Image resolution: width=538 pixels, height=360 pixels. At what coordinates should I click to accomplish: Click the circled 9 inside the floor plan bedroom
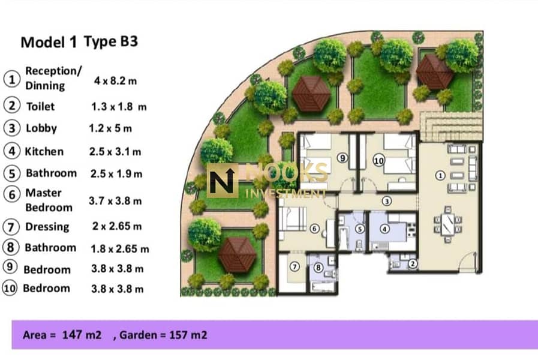[x=342, y=158]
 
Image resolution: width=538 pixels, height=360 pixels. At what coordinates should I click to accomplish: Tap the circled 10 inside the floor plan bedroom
[x=378, y=161]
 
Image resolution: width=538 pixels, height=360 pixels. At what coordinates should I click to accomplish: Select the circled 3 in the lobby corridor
[x=387, y=201]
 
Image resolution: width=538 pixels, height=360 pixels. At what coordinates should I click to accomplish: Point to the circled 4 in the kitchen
[x=384, y=229]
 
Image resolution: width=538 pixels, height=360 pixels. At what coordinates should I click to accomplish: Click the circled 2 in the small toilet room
[x=412, y=263]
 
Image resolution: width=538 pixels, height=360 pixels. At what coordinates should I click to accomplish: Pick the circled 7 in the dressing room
[x=294, y=266]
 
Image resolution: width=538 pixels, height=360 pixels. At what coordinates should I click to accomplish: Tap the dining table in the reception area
[x=447, y=224]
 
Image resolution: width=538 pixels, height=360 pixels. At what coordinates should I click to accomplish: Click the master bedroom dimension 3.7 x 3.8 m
[x=115, y=201]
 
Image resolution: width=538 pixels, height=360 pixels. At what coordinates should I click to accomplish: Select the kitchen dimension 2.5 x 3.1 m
[x=115, y=151]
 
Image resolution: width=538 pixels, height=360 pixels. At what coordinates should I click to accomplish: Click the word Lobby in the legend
[x=41, y=128]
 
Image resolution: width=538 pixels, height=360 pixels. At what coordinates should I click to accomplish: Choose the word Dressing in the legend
[x=47, y=227]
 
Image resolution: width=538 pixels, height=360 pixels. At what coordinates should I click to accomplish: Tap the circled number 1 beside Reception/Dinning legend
[x=11, y=80]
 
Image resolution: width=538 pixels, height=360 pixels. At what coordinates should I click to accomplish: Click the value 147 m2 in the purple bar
[x=82, y=335]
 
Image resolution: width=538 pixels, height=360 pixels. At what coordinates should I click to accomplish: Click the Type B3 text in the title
[x=111, y=41]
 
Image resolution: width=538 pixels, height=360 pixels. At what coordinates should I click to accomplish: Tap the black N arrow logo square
[x=223, y=181]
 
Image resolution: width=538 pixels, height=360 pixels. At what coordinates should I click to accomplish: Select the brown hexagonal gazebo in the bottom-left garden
[x=238, y=254]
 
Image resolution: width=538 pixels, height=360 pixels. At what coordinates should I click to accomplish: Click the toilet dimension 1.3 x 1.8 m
[x=119, y=107]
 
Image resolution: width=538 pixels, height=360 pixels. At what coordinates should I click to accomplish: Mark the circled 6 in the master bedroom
[x=314, y=228]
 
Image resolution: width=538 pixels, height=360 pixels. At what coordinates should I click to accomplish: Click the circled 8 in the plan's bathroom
[x=318, y=268]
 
